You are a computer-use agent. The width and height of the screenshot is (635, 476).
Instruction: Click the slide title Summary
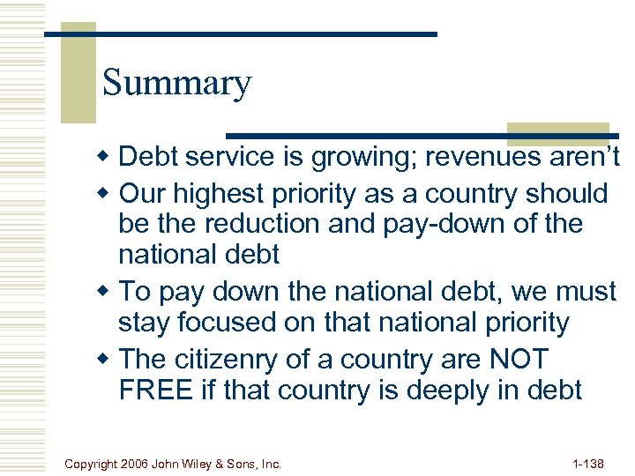point(176,83)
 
